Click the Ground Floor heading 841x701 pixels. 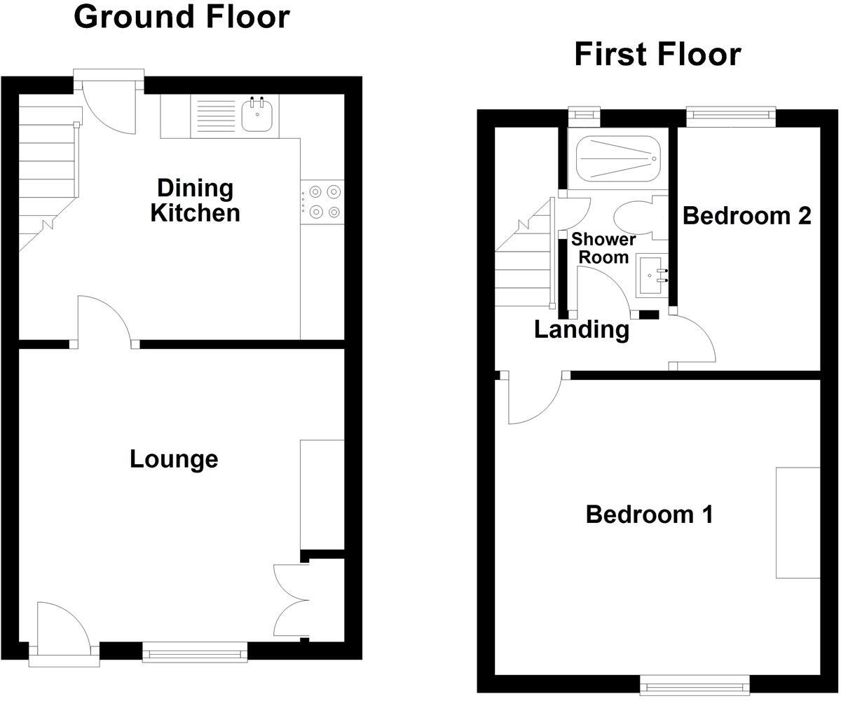182,16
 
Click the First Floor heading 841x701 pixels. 657,54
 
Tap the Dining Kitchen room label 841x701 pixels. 195,200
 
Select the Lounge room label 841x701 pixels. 174,459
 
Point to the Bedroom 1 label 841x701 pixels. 649,515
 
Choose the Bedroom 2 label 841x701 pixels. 746,215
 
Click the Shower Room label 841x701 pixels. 603,247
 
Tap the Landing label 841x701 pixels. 581,329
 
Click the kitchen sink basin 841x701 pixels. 257,116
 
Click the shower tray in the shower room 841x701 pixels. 617,158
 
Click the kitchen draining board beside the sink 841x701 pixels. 216,116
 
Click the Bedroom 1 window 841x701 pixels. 696,684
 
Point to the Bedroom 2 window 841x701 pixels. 731,114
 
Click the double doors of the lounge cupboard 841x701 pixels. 291,599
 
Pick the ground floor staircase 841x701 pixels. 46,175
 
